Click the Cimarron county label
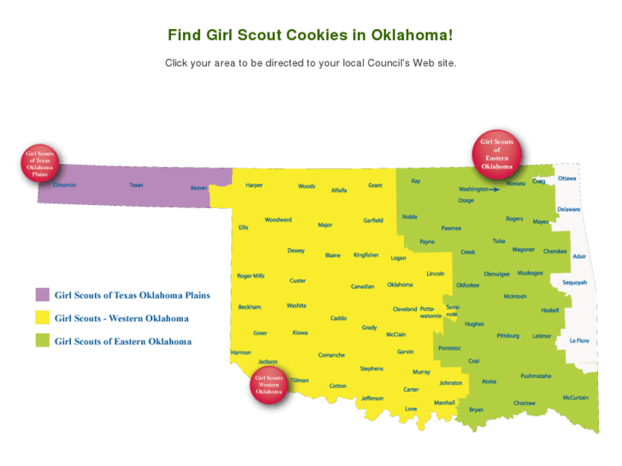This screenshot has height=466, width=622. point(64,185)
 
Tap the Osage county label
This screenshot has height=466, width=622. point(465,200)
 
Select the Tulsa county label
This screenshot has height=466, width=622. point(499,241)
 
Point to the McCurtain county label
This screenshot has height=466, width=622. point(575,397)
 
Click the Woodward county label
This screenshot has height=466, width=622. point(278,220)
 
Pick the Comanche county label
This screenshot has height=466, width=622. point(331,355)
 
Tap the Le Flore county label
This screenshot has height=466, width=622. point(579,340)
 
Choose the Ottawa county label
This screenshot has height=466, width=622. point(567,178)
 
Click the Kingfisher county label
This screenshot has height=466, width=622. point(366,255)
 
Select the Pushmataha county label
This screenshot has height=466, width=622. point(536,376)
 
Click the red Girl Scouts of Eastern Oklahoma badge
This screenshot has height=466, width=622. point(497,154)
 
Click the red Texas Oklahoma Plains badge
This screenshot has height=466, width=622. point(39,162)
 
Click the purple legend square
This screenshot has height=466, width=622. point(42,295)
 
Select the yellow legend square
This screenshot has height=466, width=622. point(42,318)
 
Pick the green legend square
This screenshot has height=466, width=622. point(42,341)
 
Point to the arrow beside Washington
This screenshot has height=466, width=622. point(495,189)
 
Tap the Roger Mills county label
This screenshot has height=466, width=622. point(251,276)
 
